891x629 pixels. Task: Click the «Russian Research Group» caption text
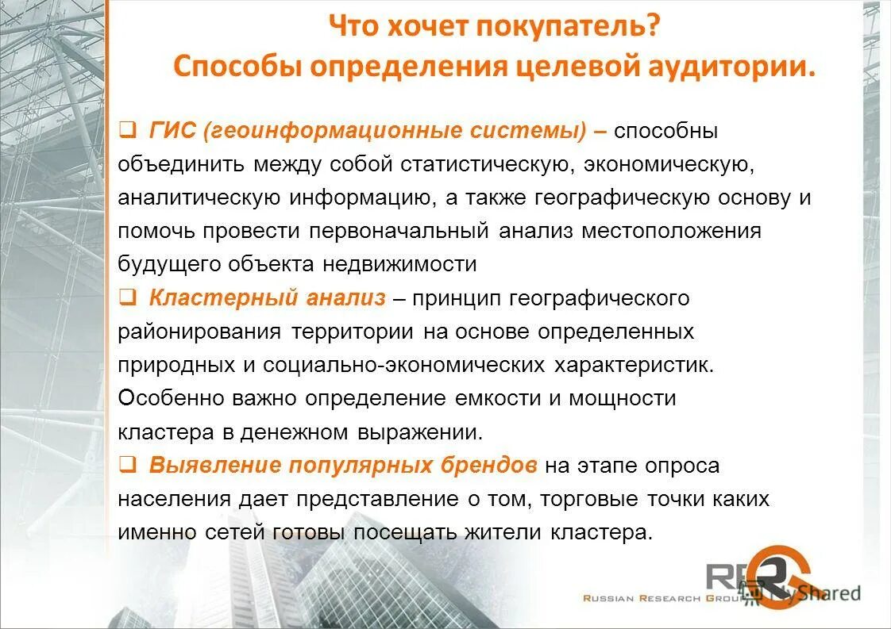coord(642,598)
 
